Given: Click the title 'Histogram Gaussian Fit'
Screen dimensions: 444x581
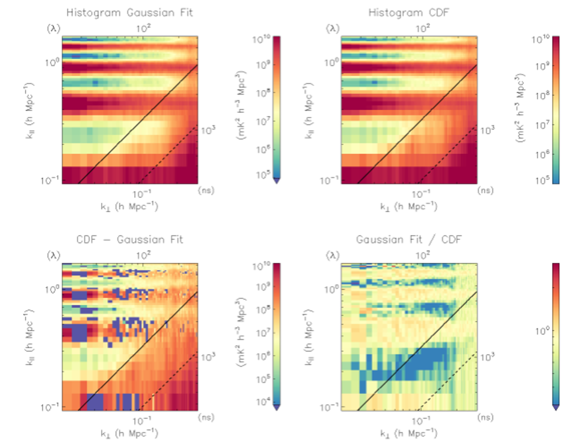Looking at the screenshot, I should pyautogui.click(x=129, y=13).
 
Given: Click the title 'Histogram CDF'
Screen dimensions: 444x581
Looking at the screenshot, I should pyautogui.click(x=409, y=13).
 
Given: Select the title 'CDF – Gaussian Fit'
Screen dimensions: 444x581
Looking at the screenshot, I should pyautogui.click(x=129, y=240).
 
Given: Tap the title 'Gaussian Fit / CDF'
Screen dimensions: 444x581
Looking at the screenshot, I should pyautogui.click(x=409, y=240).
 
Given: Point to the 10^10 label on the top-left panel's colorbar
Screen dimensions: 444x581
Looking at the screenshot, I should pyautogui.click(x=261, y=39).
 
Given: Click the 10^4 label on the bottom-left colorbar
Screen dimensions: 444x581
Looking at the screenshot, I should pyautogui.click(x=263, y=402).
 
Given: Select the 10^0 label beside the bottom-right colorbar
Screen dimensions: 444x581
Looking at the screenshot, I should pyautogui.click(x=542, y=331).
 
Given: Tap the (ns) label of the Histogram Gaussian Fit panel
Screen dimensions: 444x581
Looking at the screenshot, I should pyautogui.click(x=206, y=190).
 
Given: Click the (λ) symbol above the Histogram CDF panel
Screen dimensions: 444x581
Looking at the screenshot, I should pyautogui.click(x=333, y=29).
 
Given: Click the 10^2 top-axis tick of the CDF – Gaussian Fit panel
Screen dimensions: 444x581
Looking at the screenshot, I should pyautogui.click(x=143, y=255).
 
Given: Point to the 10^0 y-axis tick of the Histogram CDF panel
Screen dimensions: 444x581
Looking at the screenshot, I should pyautogui.click(x=331, y=62).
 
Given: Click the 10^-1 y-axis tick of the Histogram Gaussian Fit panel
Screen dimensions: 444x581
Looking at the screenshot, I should pyautogui.click(x=50, y=181).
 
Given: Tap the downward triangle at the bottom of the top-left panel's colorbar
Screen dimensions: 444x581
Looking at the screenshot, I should pyautogui.click(x=277, y=181).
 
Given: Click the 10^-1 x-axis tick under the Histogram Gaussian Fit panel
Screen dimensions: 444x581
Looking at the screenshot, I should pyautogui.click(x=142, y=194).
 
